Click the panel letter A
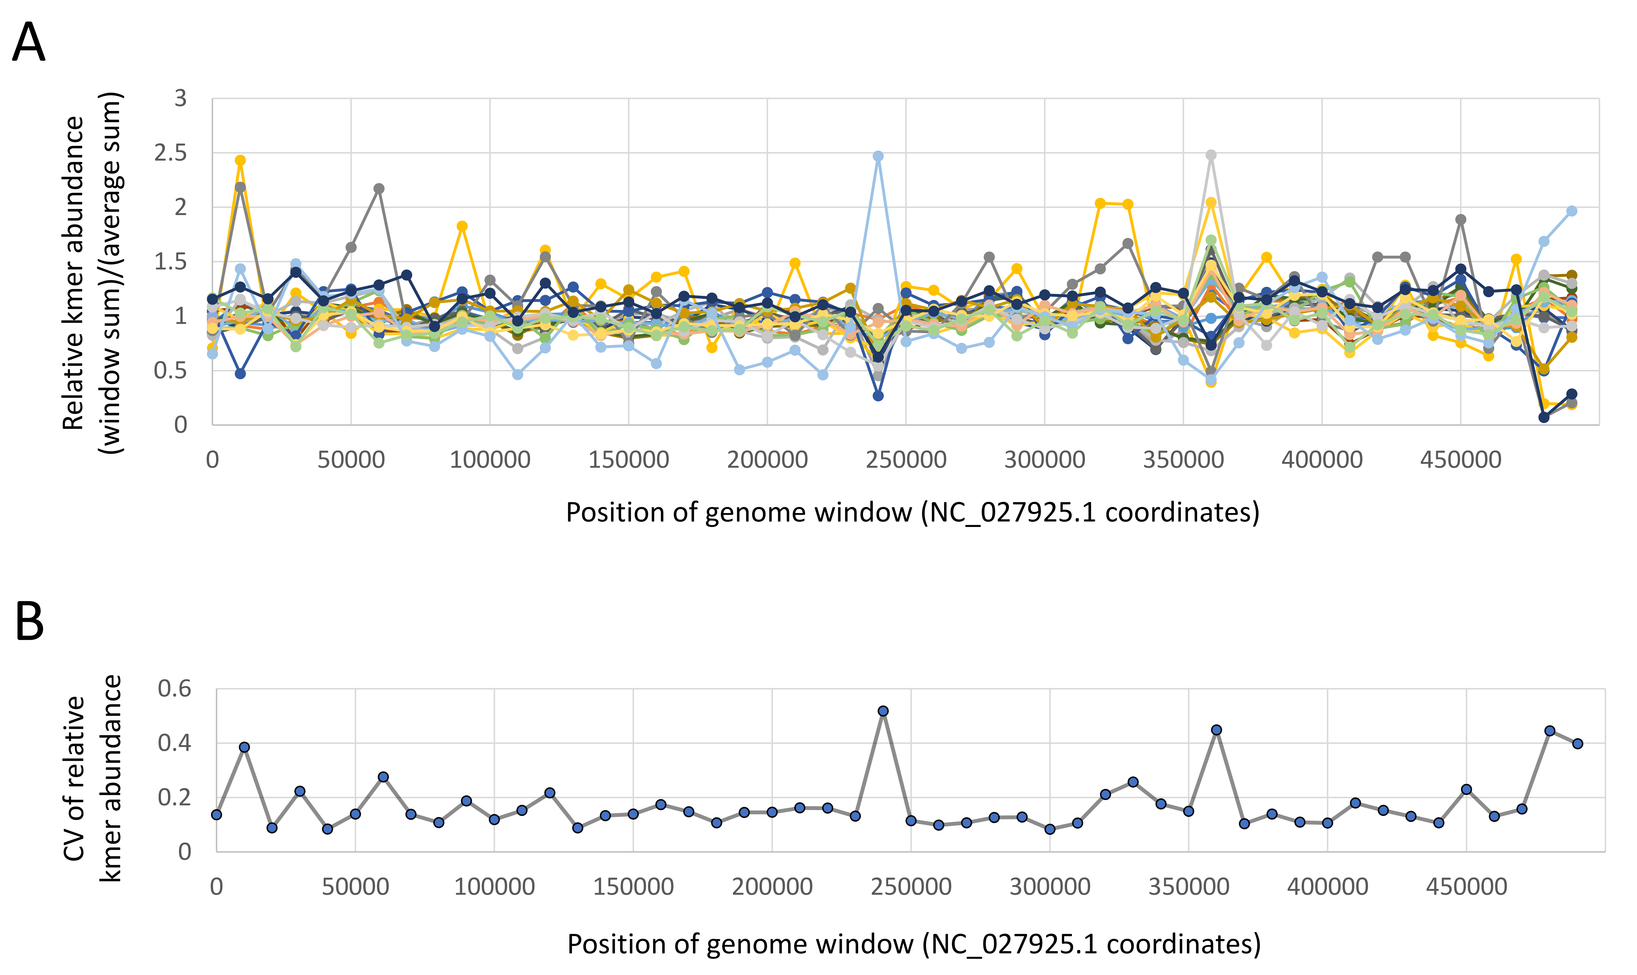point(29,42)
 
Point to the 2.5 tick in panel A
point(170,153)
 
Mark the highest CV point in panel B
point(883,711)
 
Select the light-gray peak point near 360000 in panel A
point(1212,155)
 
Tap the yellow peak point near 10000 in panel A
point(240,160)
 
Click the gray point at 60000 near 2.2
point(379,189)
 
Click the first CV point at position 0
point(217,815)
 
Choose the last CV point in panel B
point(1578,744)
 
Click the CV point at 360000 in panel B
point(1216,730)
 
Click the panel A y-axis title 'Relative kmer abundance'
point(73,273)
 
